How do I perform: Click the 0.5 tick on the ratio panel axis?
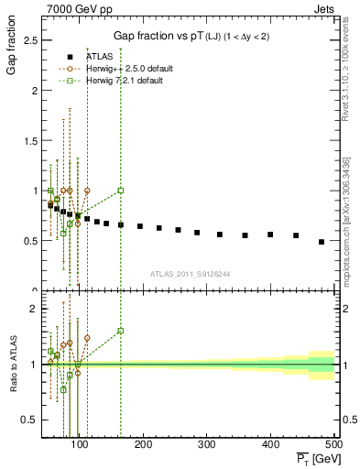pyautogui.click(x=28, y=420)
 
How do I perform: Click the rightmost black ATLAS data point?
pyautogui.click(x=322, y=242)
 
